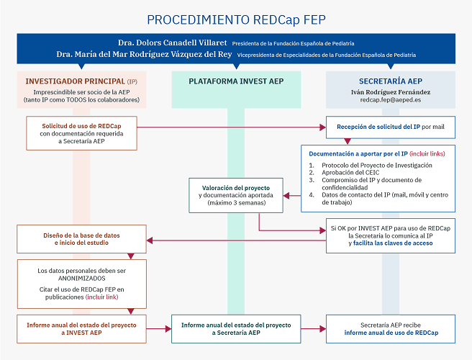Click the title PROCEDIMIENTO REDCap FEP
[x=235, y=19]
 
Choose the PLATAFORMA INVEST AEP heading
[x=236, y=82]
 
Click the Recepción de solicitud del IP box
[x=391, y=127]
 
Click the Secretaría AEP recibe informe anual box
[x=391, y=328]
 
